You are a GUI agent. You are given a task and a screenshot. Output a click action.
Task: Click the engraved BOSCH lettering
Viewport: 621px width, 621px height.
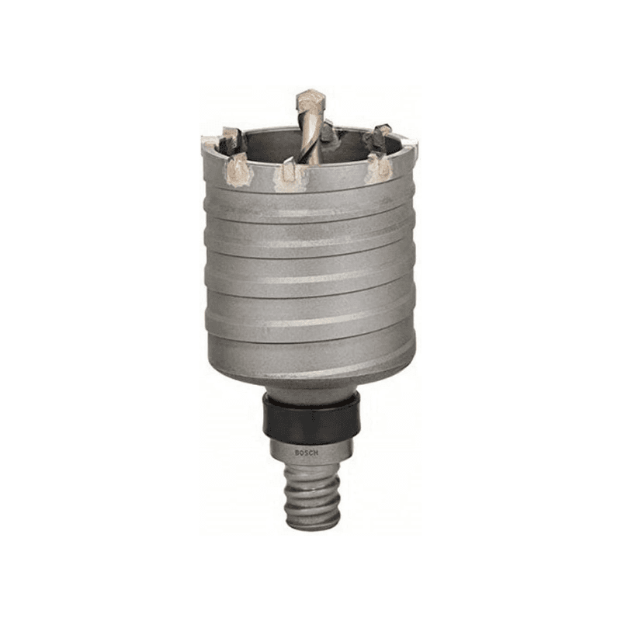306,453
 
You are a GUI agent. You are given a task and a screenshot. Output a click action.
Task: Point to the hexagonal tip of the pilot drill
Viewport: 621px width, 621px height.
310,99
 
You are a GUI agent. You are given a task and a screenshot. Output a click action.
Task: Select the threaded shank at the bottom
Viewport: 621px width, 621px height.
312,496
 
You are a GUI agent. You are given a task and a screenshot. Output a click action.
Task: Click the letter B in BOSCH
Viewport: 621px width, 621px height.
297,453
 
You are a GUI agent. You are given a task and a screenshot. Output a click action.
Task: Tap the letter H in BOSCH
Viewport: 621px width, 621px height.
316,454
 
